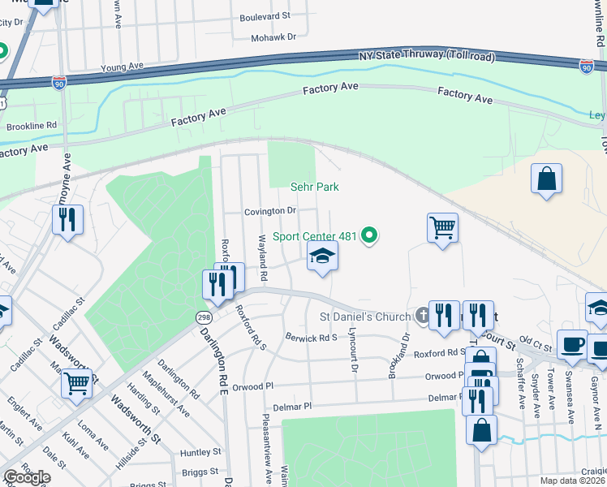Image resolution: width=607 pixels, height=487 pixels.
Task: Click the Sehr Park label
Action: [314, 187]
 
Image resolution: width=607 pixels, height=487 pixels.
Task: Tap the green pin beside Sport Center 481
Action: [369, 236]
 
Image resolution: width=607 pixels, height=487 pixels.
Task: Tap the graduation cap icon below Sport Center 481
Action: [322, 256]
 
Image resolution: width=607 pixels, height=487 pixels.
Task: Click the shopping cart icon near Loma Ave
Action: [76, 382]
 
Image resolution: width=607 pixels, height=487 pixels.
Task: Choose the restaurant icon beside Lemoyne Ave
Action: [67, 218]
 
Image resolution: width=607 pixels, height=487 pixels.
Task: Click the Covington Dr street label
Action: [270, 211]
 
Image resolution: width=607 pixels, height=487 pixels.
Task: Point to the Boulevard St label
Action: [265, 16]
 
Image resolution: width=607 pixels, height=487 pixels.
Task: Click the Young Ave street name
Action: [121, 66]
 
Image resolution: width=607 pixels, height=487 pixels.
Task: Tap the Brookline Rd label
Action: [31, 126]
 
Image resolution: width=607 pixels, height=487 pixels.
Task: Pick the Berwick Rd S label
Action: [310, 337]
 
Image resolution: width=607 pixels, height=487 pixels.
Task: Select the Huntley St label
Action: [200, 452]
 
